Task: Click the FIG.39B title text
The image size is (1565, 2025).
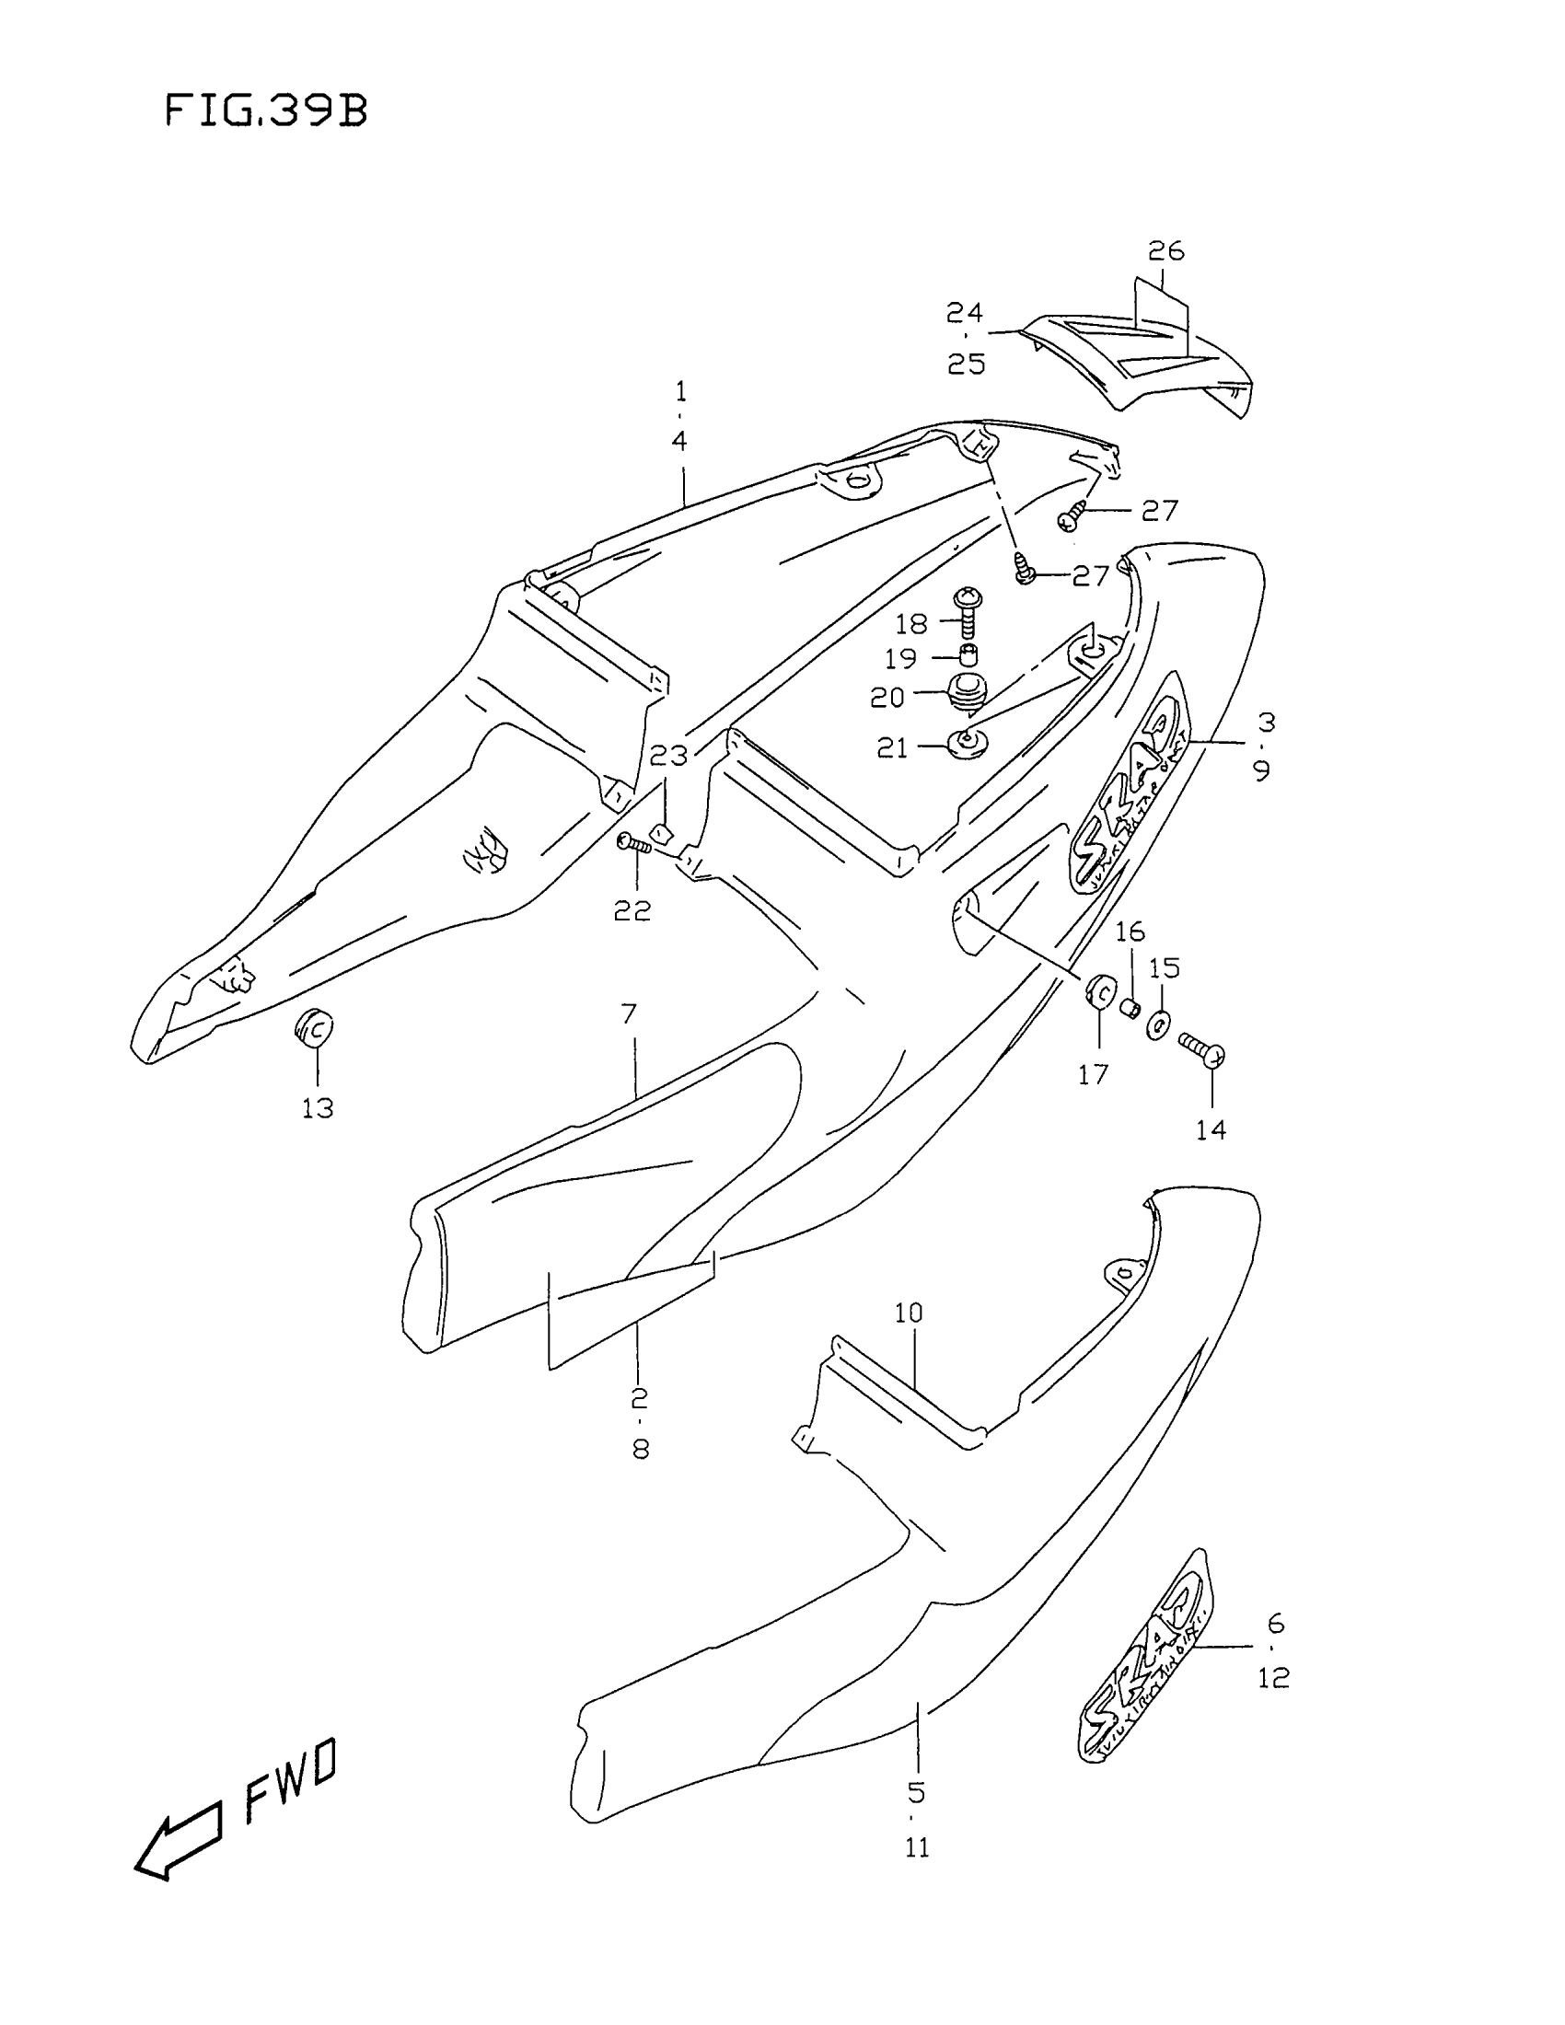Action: pos(266,111)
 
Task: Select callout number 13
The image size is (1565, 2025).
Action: pos(317,1108)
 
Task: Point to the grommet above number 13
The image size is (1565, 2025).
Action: pos(314,1026)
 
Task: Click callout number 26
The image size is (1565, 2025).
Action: pos(1166,251)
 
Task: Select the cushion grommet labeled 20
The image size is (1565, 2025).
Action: pos(967,694)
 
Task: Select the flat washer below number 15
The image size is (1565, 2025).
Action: pos(1159,1025)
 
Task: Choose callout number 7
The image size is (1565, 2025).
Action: pos(629,1014)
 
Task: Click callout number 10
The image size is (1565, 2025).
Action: pos(909,1313)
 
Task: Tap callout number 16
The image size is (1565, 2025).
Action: pos(1130,931)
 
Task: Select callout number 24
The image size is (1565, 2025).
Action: pos(964,312)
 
